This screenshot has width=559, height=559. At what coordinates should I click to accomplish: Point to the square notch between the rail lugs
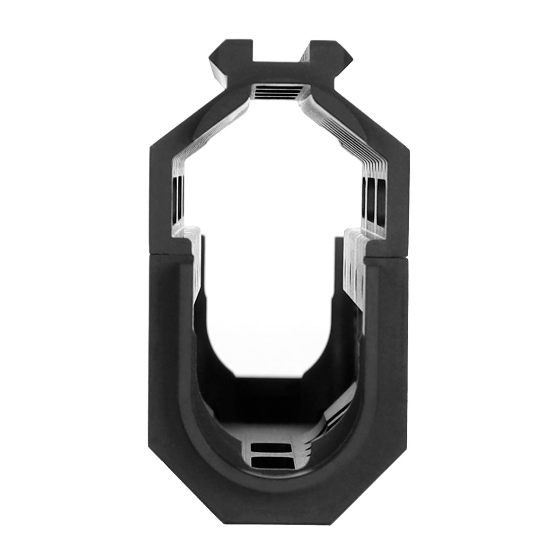click(x=279, y=58)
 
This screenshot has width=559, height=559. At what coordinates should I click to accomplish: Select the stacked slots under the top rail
click(x=279, y=91)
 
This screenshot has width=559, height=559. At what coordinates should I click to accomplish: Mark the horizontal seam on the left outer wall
click(x=170, y=255)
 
